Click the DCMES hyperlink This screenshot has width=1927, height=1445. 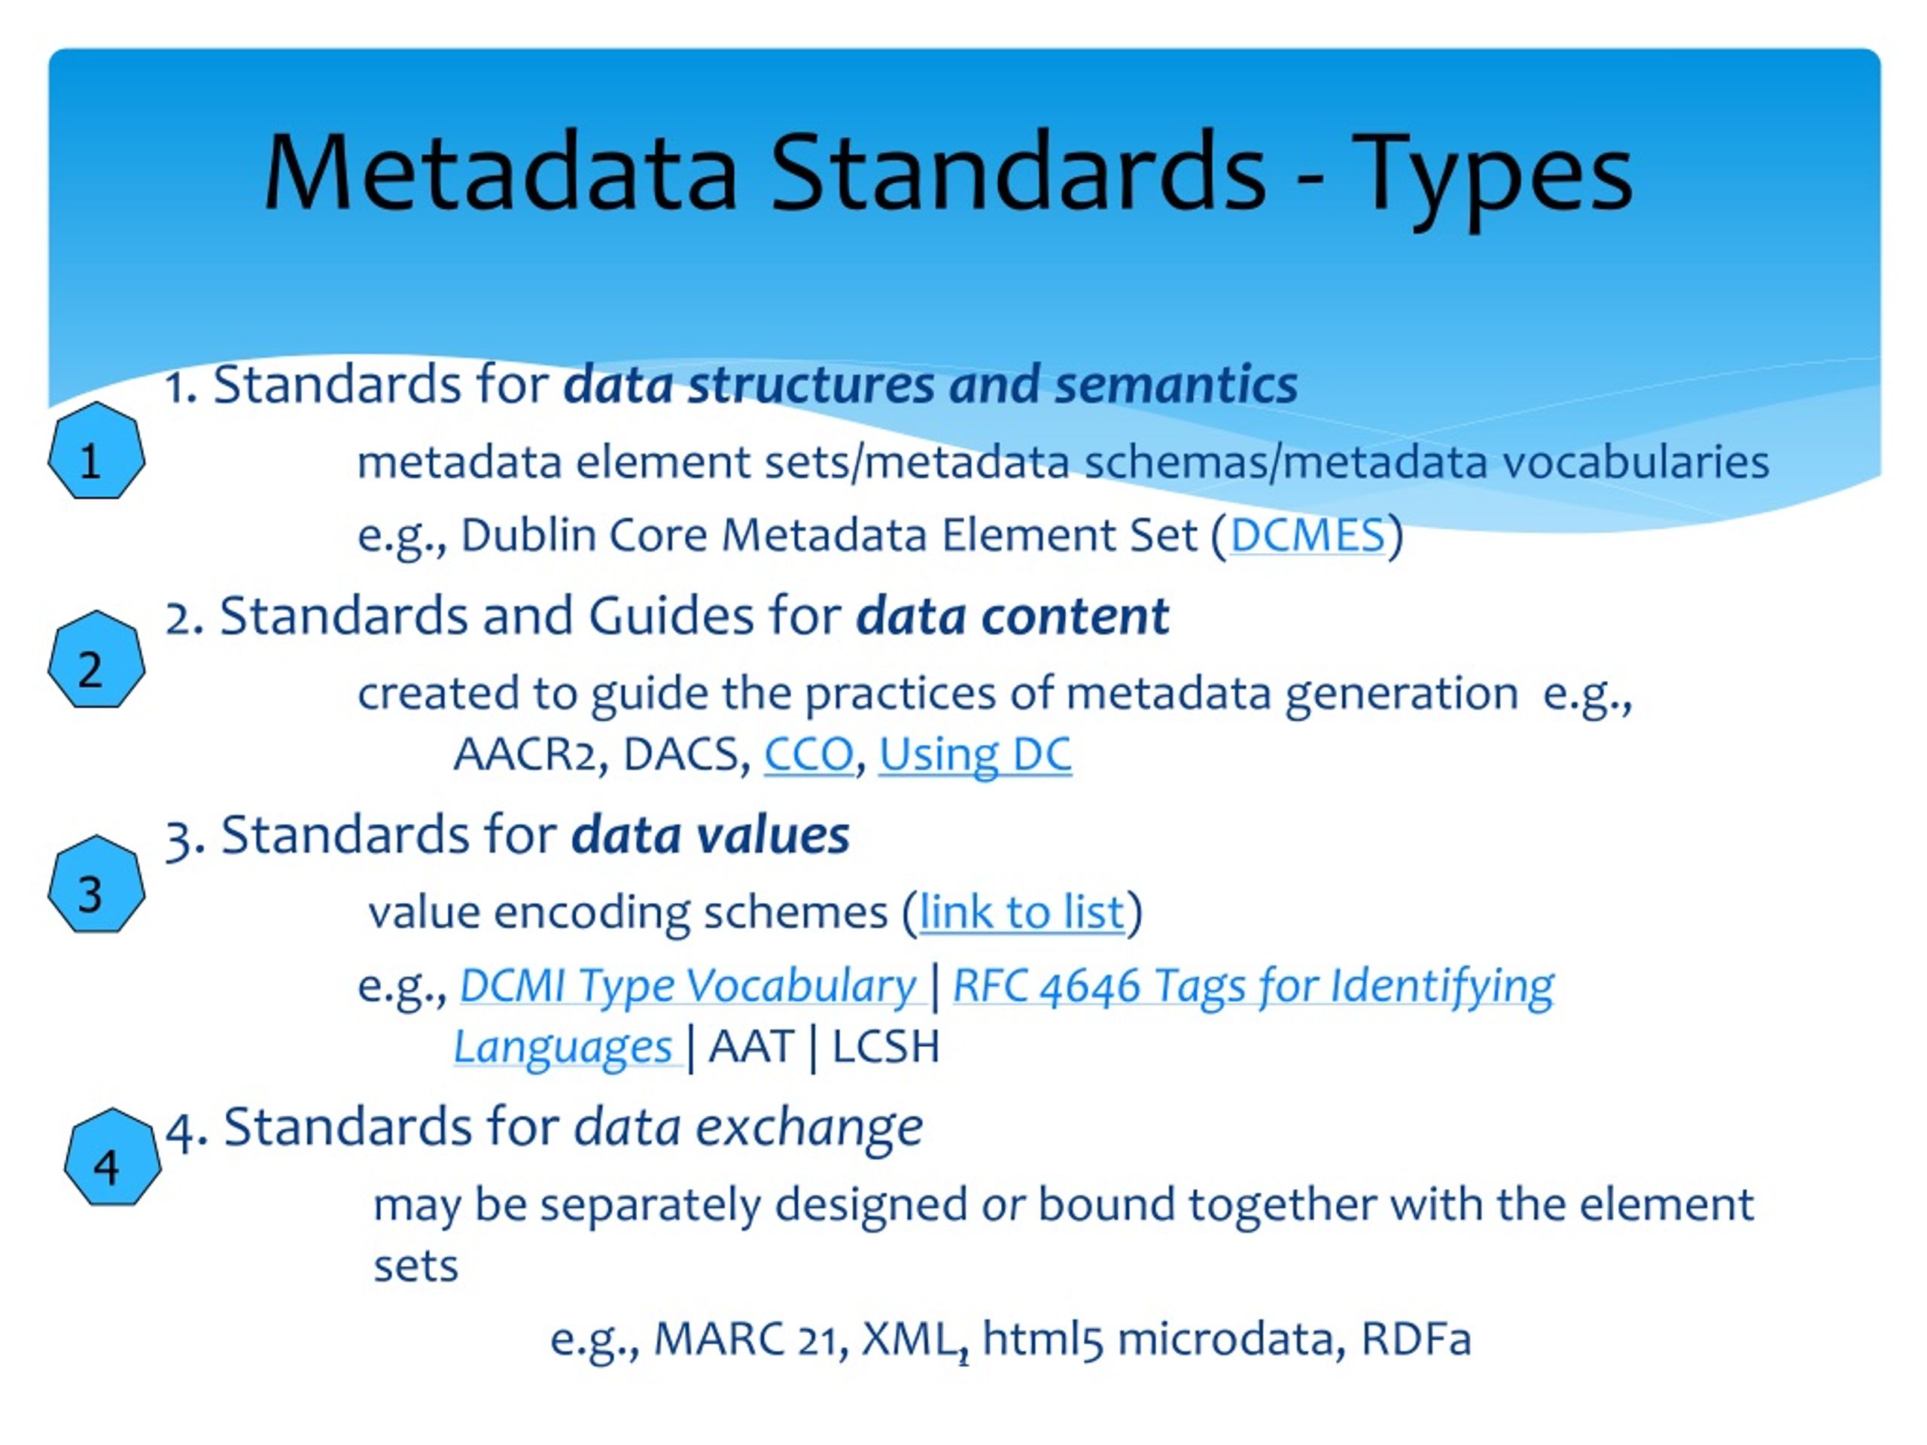pos(1307,535)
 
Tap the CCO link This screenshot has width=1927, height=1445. pos(808,754)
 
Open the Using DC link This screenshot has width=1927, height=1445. pos(975,754)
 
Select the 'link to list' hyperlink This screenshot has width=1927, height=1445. pos(1021,913)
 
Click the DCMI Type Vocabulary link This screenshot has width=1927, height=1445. pos(687,986)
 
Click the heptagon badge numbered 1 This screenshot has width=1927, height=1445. pos(96,451)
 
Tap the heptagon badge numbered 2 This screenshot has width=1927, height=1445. pos(96,660)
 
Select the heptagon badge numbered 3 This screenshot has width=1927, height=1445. pos(96,885)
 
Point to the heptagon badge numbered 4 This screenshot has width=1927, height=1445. pos(112,1158)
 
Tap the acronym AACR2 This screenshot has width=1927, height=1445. pos(531,754)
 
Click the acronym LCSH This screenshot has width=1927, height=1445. pos(886,1046)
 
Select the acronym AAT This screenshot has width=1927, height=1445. pos(751,1046)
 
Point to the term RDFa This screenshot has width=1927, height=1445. pos(1416,1338)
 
